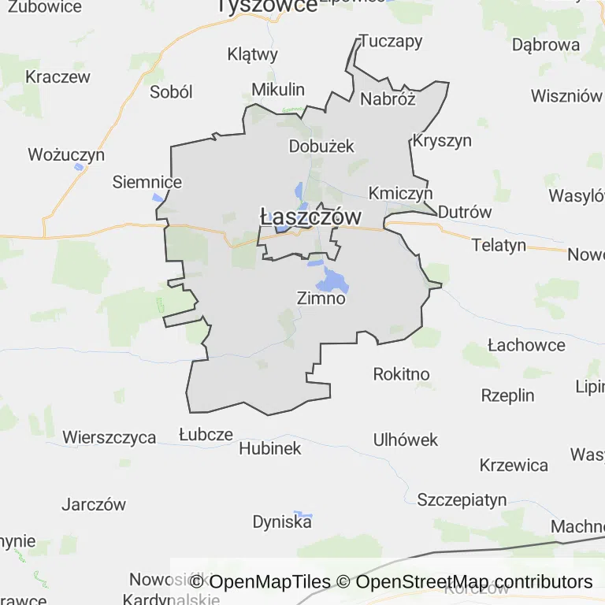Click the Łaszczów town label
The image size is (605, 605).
pyautogui.click(x=310, y=217)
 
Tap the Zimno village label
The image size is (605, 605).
pyautogui.click(x=321, y=299)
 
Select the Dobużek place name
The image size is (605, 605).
pyautogui.click(x=321, y=146)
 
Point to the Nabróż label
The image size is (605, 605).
pyautogui.click(x=387, y=98)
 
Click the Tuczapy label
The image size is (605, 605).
pyautogui.click(x=391, y=41)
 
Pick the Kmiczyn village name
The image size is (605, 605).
pyautogui.click(x=401, y=193)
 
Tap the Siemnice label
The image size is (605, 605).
pyautogui.click(x=147, y=182)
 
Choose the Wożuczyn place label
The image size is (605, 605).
pyautogui.click(x=66, y=154)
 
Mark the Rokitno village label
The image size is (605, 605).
pyautogui.click(x=402, y=373)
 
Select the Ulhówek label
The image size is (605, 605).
pyautogui.click(x=406, y=440)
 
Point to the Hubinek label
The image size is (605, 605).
pyautogui.click(x=270, y=448)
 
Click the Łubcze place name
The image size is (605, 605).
pyautogui.click(x=206, y=434)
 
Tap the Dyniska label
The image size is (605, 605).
pyautogui.click(x=282, y=521)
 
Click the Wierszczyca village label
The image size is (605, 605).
pyautogui.click(x=109, y=437)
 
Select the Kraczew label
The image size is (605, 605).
pyautogui.click(x=58, y=77)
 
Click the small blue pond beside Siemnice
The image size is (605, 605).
pyautogui.click(x=159, y=197)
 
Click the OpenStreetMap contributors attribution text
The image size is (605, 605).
pyautogui.click(x=474, y=582)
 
